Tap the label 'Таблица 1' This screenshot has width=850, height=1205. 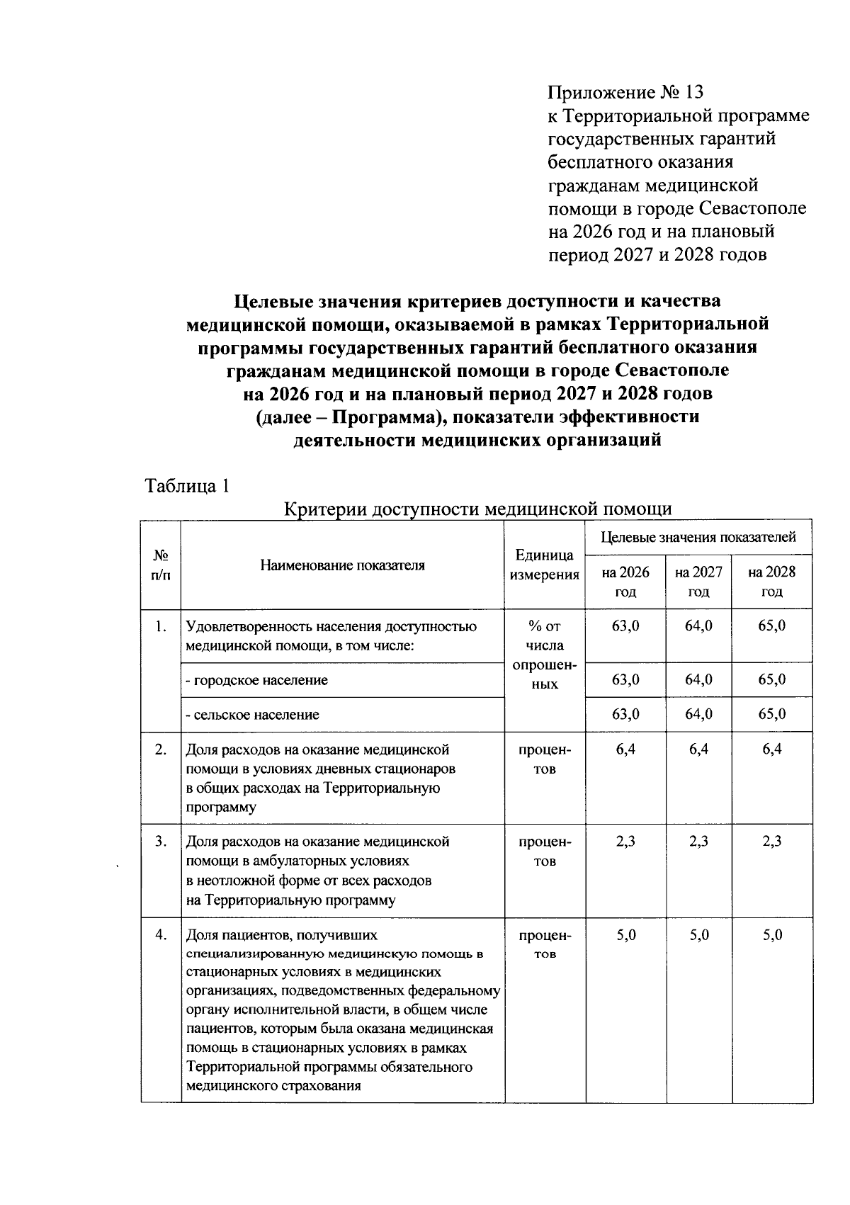click(187, 486)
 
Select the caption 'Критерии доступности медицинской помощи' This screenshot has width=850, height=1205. click(477, 509)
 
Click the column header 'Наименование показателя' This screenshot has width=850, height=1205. click(342, 565)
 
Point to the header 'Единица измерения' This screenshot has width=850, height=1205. click(544, 565)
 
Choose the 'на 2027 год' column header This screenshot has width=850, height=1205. click(698, 582)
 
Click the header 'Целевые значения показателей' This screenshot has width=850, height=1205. click(698, 537)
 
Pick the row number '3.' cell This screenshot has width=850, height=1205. click(161, 842)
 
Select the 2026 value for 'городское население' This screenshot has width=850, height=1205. click(625, 679)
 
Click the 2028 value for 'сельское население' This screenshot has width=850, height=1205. click(771, 714)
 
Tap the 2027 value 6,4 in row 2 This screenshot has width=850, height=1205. click(698, 749)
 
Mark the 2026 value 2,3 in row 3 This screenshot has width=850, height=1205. click(625, 842)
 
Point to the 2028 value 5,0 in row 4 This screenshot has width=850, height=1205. click(771, 935)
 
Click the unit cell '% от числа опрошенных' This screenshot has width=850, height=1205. click(544, 655)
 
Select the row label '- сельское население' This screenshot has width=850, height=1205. click(252, 715)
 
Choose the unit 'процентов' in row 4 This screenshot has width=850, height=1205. click(544, 944)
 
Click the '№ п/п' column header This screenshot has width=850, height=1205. click(161, 565)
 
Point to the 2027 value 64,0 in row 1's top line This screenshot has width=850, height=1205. click(698, 626)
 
